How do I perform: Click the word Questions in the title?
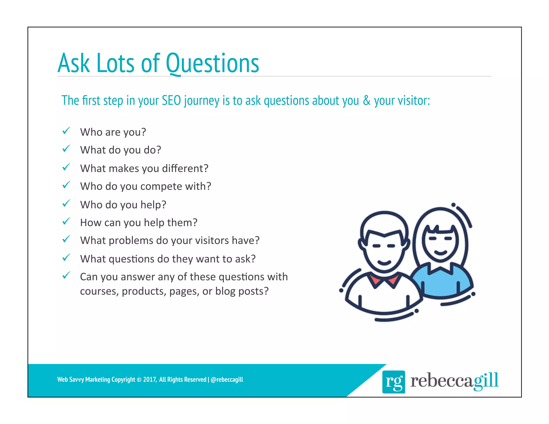coord(212,63)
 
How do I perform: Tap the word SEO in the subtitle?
coord(171,101)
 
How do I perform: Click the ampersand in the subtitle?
coord(366,101)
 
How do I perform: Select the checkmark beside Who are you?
coord(66,131)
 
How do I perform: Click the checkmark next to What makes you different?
coord(66,168)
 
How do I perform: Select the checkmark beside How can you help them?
coord(66,222)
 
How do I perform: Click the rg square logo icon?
coord(393,382)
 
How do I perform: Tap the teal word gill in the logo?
coord(486,381)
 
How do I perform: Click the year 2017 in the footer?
coord(149,380)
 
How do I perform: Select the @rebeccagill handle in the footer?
coord(227,380)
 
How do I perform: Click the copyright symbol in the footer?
coord(139,380)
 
